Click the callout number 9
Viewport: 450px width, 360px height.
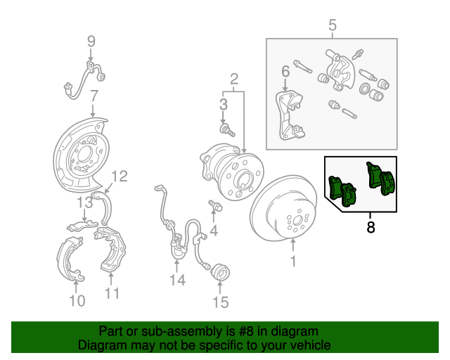(x=91, y=41)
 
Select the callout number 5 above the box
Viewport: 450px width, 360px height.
(x=332, y=26)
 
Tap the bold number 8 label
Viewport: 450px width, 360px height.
(x=371, y=226)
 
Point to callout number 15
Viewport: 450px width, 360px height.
(x=221, y=302)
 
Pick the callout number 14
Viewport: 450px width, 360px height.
(x=177, y=281)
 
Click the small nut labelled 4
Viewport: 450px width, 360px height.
(x=215, y=207)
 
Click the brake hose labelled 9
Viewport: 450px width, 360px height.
(x=84, y=76)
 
